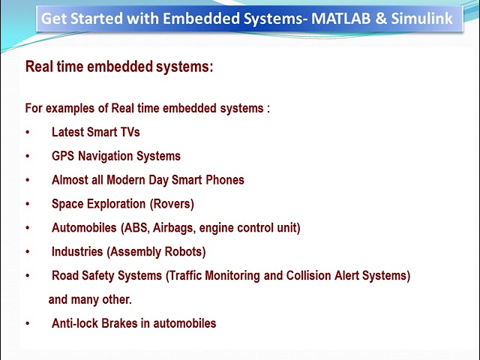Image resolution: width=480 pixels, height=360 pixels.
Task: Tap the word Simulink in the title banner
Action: click(423, 18)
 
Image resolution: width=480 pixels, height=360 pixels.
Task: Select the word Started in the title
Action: click(95, 18)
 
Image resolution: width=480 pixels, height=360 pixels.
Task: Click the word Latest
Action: click(67, 132)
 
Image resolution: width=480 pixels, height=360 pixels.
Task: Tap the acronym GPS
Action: click(63, 156)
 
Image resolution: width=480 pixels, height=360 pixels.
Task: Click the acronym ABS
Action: click(136, 228)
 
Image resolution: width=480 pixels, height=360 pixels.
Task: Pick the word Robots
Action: click(184, 252)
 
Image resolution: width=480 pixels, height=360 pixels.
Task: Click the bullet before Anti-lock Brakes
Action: click(28, 324)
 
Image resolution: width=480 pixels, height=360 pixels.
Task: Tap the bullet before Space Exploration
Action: click(28, 204)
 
